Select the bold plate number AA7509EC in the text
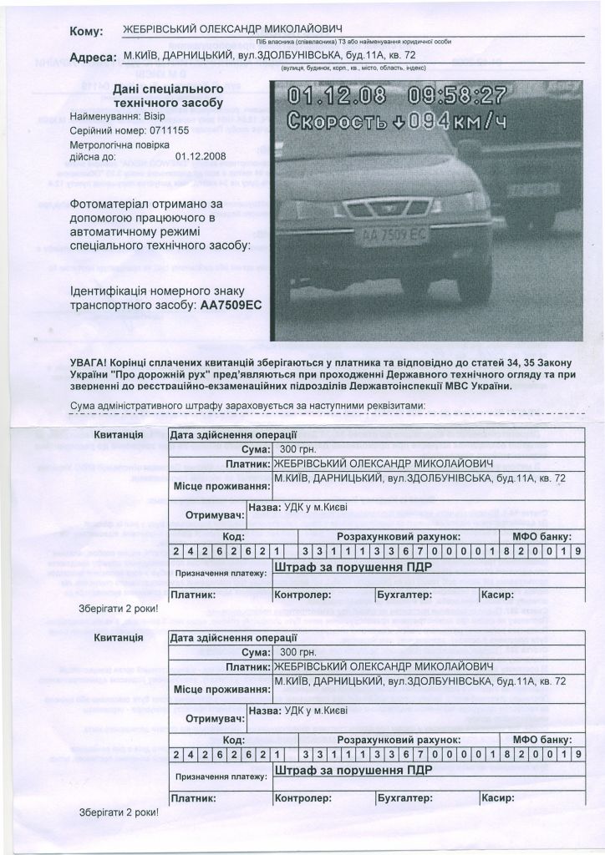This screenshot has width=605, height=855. click(231, 306)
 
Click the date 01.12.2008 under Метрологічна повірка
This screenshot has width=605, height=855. click(201, 155)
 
